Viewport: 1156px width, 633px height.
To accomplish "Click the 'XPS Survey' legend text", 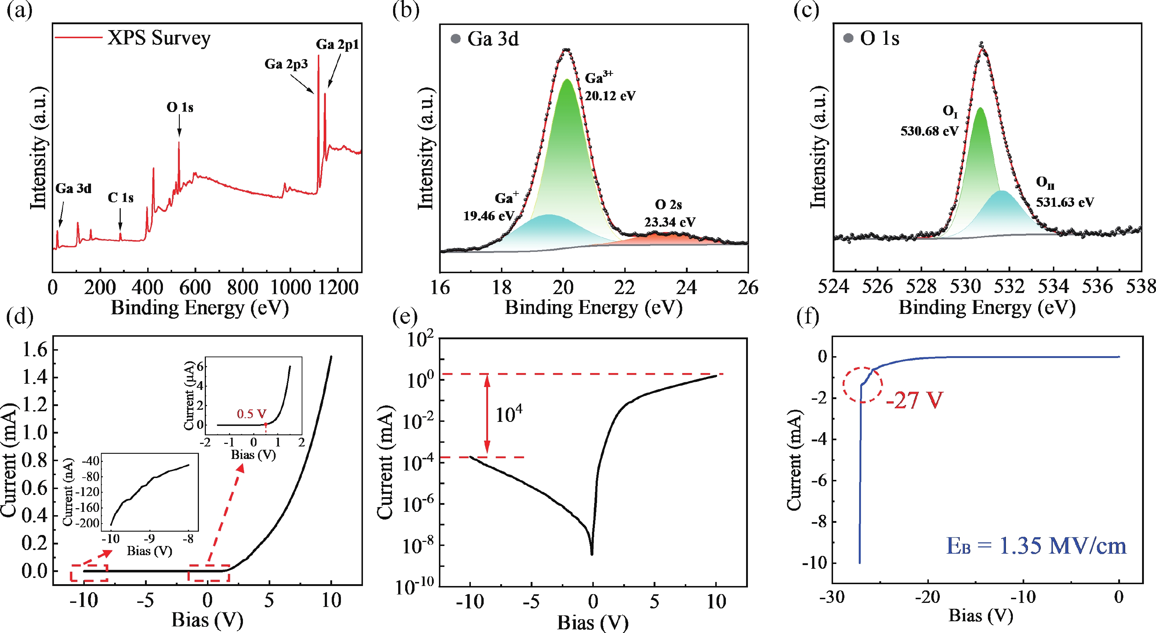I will pyautogui.click(x=159, y=38).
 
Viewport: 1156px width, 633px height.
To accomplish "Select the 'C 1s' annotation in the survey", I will pyautogui.click(x=120, y=198).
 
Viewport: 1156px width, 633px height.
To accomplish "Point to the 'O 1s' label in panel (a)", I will pyautogui.click(x=179, y=107).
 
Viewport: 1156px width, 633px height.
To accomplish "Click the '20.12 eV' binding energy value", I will pyautogui.click(x=610, y=95).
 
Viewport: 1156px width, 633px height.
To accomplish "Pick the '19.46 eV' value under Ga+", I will pyautogui.click(x=488, y=216).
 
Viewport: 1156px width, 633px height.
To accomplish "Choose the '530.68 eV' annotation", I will pyautogui.click(x=929, y=131).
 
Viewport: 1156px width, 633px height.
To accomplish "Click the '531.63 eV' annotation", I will pyautogui.click(x=1065, y=202).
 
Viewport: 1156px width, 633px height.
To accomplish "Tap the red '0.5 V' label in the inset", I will pyautogui.click(x=251, y=413).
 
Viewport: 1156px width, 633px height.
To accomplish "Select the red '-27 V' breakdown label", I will pyautogui.click(x=914, y=400).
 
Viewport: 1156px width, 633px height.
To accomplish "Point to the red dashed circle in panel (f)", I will pyautogui.click(x=862, y=385).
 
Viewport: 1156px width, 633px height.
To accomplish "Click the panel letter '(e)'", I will pyautogui.click(x=405, y=316).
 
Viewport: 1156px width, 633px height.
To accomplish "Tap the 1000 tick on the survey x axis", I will pyautogui.click(x=290, y=287).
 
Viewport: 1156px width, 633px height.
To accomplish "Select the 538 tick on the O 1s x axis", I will pyautogui.click(x=1141, y=286).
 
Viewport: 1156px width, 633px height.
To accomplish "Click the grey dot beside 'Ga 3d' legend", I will pyautogui.click(x=455, y=39).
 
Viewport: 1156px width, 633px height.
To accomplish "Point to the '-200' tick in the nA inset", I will pyautogui.click(x=90, y=523).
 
